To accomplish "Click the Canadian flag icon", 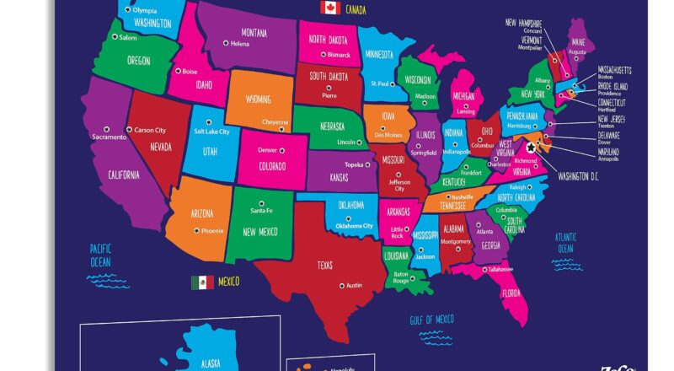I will point(329,8).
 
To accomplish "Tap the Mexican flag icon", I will point(201,282).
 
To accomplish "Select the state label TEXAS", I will point(325,265).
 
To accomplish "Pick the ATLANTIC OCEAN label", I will point(565,243).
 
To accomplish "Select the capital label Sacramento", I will point(109,136).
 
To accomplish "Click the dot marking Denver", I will point(282,150).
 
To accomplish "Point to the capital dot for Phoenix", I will point(196,230).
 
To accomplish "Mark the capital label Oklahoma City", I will point(354,225).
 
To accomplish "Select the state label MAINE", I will point(578,41).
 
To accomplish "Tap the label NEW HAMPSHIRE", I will point(523,23).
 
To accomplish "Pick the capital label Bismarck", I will point(338,54).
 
